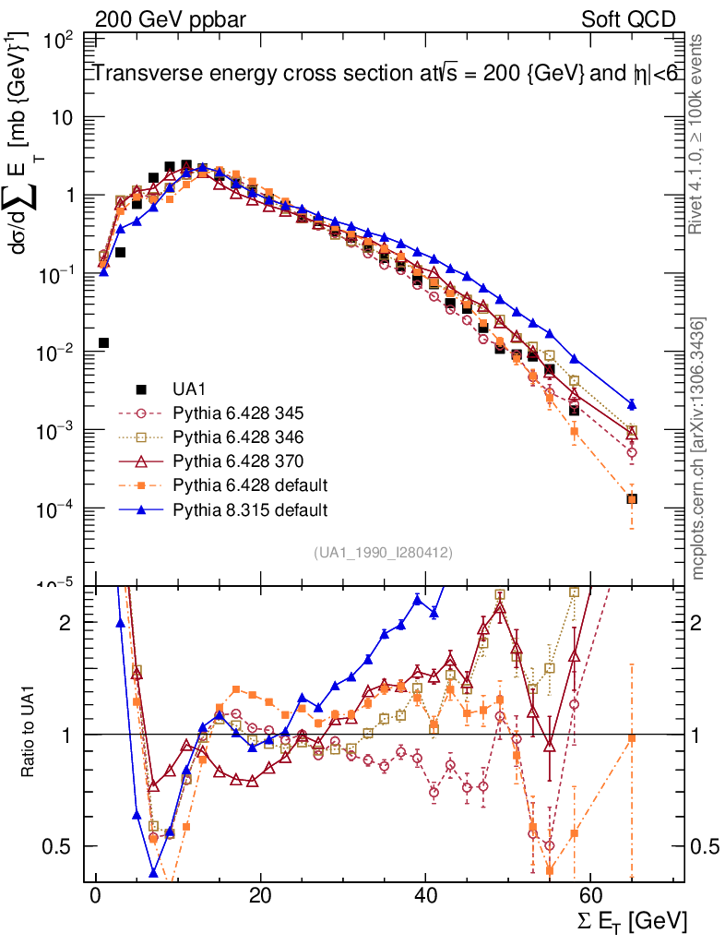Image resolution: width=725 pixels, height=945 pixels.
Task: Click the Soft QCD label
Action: coord(629,19)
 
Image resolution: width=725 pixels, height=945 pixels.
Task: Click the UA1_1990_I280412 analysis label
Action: coord(383,553)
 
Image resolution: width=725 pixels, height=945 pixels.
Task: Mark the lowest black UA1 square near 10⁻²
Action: coord(104,343)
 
